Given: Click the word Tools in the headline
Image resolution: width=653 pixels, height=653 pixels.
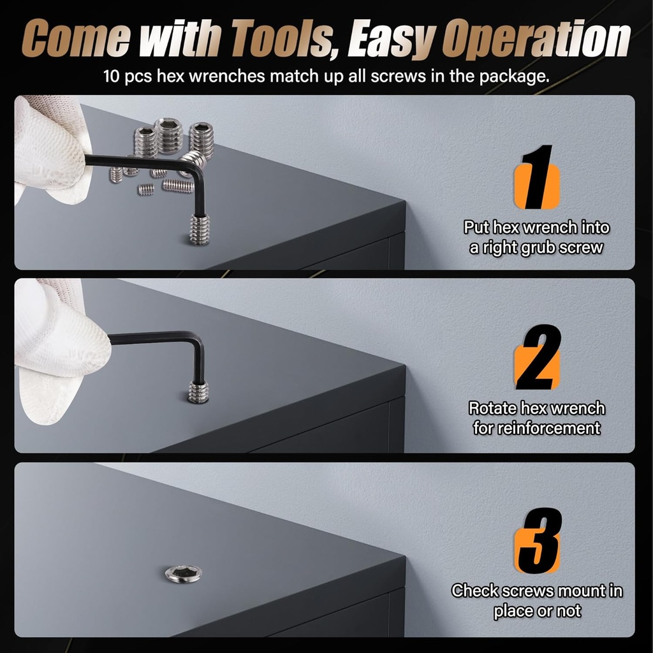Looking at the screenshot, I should [x=278, y=41].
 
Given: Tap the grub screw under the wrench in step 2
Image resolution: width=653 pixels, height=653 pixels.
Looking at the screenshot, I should [x=198, y=391].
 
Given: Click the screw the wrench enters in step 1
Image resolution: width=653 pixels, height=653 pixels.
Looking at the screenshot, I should [x=199, y=228].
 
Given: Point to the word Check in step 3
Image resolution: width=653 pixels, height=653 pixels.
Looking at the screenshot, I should [x=474, y=591].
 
